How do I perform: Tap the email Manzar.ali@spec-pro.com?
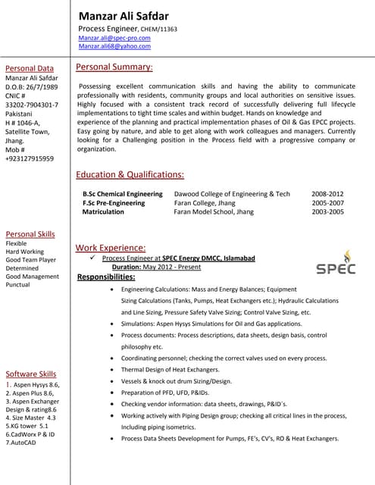click(114, 37)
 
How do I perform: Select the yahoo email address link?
click(114, 46)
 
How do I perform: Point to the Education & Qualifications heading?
click(130, 174)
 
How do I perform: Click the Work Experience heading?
click(111, 248)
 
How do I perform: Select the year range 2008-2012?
click(327, 194)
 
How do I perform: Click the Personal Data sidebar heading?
click(30, 68)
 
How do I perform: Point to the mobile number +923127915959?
click(30, 158)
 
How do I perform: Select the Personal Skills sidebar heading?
click(30, 234)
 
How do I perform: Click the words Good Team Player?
click(31, 260)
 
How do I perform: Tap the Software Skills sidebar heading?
click(31, 374)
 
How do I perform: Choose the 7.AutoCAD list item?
click(21, 443)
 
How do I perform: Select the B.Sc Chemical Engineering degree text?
click(123, 194)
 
